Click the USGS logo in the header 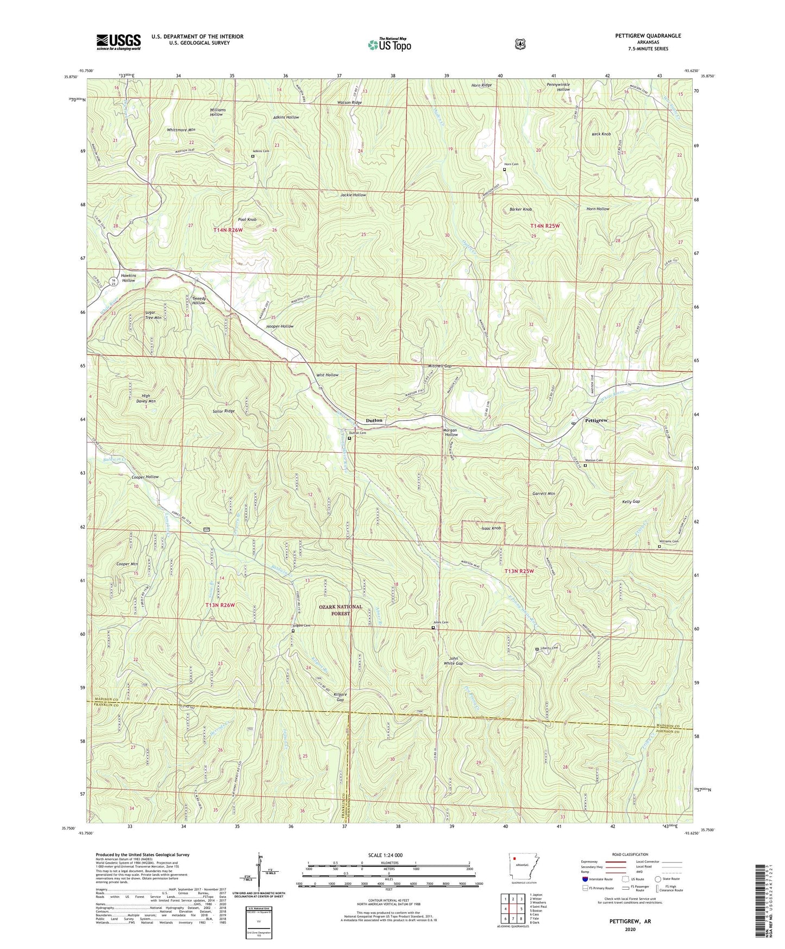coord(118,42)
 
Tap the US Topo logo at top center coord(389,45)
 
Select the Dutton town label coord(374,420)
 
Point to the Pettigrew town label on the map coord(596,421)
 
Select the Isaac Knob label coord(491,528)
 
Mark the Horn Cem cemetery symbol coord(504,170)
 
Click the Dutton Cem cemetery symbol coord(349,438)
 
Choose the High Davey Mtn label coord(145,398)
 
